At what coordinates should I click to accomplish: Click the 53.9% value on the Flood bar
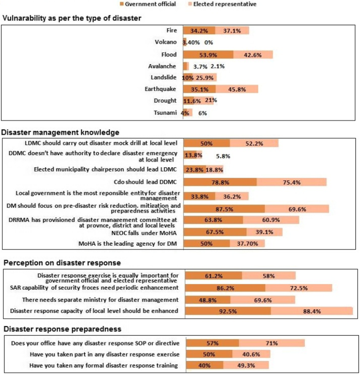[208, 54]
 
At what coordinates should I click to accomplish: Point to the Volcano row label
[166, 43]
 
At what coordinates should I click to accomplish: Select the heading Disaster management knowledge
[60, 132]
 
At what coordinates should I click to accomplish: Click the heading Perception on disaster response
[63, 262]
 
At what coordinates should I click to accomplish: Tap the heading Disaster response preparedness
[63, 330]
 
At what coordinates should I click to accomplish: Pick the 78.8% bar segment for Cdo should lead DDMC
[220, 182]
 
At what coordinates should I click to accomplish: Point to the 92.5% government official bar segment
[227, 311]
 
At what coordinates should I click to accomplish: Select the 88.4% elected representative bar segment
[311, 311]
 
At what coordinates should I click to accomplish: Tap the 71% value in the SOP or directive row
[272, 343]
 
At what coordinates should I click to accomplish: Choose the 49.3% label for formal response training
[246, 365]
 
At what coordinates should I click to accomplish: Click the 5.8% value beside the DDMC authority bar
[223, 156]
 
